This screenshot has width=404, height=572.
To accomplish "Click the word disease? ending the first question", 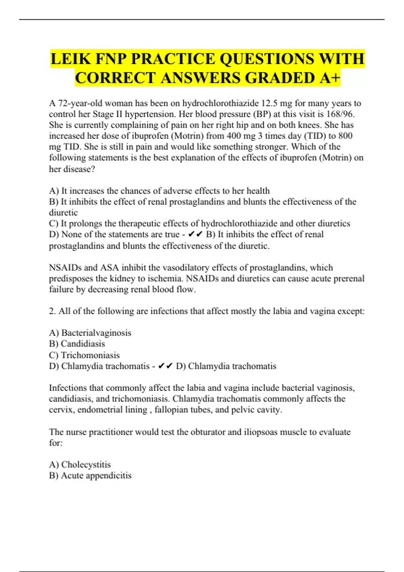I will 72,169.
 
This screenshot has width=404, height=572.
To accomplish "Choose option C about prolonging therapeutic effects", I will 199,223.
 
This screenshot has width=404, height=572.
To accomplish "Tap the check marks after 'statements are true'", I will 196,235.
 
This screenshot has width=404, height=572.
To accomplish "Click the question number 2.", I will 52,311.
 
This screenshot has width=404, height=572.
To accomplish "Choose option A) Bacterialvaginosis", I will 90,333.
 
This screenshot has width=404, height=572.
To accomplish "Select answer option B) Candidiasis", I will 77,344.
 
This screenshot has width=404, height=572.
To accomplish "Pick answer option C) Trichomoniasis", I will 84,355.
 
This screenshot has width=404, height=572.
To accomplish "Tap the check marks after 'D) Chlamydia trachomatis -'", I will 165,366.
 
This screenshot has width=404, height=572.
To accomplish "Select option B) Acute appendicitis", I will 90,475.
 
